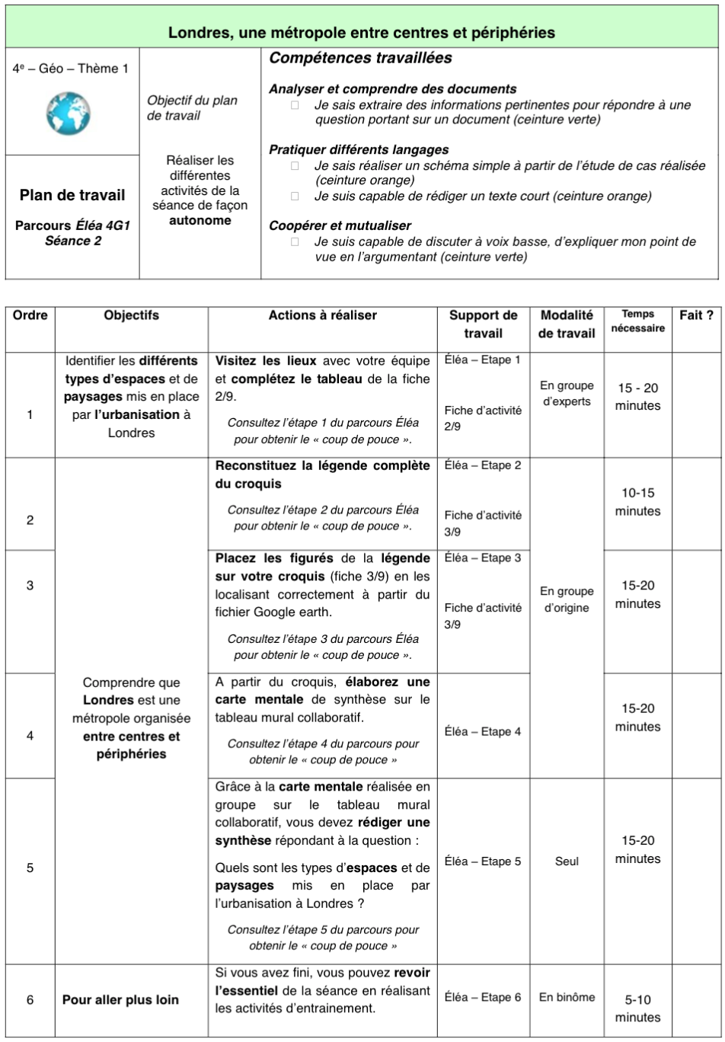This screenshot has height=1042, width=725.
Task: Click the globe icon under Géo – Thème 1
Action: click(x=69, y=113)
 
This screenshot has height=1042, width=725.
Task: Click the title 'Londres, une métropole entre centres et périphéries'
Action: click(x=362, y=33)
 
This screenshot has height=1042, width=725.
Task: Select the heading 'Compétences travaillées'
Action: click(x=361, y=59)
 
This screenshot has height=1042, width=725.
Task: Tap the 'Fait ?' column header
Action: click(x=696, y=315)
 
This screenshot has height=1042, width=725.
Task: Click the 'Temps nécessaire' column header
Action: click(x=637, y=321)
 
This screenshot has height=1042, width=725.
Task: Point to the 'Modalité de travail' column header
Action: click(x=566, y=324)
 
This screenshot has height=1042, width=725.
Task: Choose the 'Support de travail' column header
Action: click(x=483, y=324)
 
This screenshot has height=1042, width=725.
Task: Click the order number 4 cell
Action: click(x=30, y=736)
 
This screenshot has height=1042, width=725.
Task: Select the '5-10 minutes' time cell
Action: click(x=637, y=1008)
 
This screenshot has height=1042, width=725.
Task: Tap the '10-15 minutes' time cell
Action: click(x=637, y=502)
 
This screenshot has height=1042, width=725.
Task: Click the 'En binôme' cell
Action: click(x=567, y=997)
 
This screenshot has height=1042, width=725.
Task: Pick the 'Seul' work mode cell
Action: click(x=567, y=861)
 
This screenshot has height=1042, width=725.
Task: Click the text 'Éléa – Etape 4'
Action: click(x=483, y=732)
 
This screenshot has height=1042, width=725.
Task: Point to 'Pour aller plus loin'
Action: click(x=120, y=1000)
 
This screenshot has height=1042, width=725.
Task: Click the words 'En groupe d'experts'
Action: click(x=567, y=394)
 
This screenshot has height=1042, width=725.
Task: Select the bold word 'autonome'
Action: click(x=200, y=221)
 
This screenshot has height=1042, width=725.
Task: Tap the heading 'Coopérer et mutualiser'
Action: click(x=340, y=226)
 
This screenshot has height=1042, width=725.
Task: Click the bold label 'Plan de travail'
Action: click(x=72, y=195)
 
